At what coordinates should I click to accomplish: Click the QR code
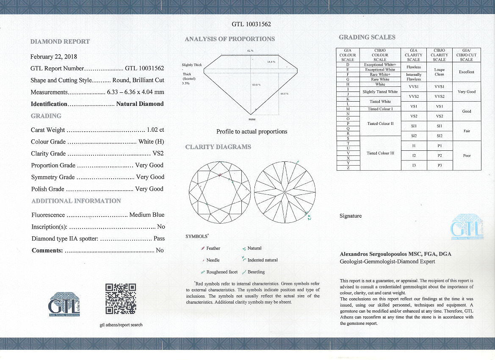[120, 299]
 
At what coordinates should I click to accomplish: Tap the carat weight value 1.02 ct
[155, 130]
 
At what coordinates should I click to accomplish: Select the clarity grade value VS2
[158, 154]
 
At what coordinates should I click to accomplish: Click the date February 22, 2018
[54, 56]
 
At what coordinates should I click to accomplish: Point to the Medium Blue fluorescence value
[147, 215]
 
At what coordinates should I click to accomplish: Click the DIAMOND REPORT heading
[60, 42]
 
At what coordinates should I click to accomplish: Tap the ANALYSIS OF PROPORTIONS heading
[230, 39]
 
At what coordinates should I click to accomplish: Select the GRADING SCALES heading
[367, 37]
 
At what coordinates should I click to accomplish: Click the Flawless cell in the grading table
[413, 67]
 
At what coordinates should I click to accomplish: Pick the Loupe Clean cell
[439, 72]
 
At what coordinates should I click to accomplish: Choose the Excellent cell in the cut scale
[467, 72]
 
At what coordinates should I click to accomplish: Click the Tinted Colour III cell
[380, 153]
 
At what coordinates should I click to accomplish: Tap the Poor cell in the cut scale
[467, 155]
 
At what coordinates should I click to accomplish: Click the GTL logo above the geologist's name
[467, 228]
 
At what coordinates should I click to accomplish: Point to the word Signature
[351, 216]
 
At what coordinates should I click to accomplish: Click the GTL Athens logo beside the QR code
[64, 303]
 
